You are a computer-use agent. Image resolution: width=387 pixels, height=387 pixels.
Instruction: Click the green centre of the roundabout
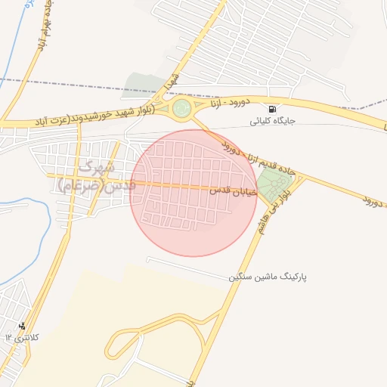(x=181, y=110)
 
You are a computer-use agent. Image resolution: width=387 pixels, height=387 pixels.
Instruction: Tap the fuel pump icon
(x=272, y=108)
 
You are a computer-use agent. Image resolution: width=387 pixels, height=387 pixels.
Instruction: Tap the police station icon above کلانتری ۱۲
(x=31, y=327)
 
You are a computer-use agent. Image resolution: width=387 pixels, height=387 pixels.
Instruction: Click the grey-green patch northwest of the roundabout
(x=144, y=85)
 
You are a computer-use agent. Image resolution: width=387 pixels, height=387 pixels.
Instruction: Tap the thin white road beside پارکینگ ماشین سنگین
(x=189, y=268)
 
